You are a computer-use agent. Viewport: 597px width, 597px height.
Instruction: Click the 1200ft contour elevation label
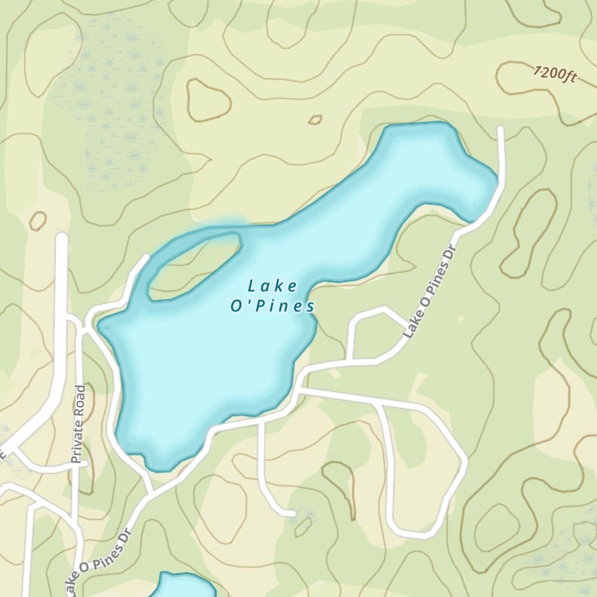555,75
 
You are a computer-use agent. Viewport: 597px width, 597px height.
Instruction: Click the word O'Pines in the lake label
273,306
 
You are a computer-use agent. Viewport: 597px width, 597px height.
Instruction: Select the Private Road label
78,424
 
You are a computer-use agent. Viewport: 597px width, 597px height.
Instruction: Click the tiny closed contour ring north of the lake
315,120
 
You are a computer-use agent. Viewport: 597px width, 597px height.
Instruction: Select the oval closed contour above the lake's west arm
208,99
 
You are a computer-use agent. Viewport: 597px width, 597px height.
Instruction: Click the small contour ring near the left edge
38,221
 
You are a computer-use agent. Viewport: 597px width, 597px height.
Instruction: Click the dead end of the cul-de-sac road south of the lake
292,513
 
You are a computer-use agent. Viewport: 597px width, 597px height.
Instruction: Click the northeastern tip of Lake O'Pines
487,179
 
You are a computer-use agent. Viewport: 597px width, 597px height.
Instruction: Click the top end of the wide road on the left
61,238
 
